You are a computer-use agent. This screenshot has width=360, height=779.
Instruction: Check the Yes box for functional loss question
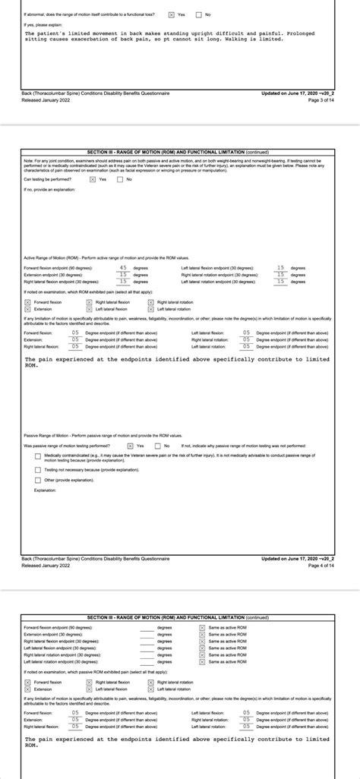[x=172, y=14]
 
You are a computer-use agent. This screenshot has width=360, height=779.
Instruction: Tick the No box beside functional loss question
[x=199, y=14]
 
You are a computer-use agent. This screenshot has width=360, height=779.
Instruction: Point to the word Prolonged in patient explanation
[x=314, y=33]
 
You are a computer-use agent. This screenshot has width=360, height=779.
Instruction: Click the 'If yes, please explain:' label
[x=40, y=24]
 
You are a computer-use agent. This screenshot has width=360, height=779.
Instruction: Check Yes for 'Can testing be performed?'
[x=93, y=179]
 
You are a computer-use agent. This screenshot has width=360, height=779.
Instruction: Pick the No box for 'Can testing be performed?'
[x=120, y=179]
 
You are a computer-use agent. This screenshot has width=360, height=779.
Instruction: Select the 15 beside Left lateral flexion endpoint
[x=281, y=267]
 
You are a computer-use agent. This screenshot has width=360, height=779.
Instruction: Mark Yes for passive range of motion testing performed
[x=131, y=446]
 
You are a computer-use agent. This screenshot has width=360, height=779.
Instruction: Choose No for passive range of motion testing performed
[x=157, y=446]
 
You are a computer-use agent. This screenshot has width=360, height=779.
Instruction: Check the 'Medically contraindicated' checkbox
[x=39, y=456]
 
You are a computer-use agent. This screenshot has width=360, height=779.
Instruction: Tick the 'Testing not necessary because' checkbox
[x=39, y=470]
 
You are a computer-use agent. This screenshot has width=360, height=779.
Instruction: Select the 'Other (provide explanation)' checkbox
[x=39, y=480]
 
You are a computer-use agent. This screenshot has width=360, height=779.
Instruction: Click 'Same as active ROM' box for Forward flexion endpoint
[x=202, y=628]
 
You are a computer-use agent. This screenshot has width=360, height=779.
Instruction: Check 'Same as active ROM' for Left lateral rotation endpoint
[x=202, y=661]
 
